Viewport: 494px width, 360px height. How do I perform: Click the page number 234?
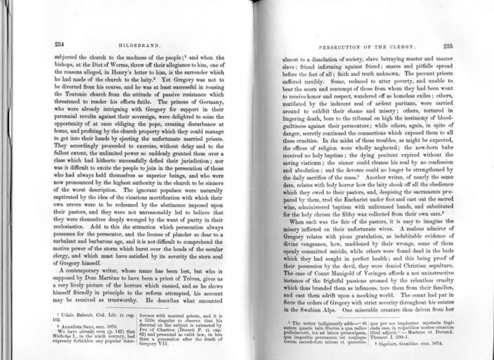pos(60,44)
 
